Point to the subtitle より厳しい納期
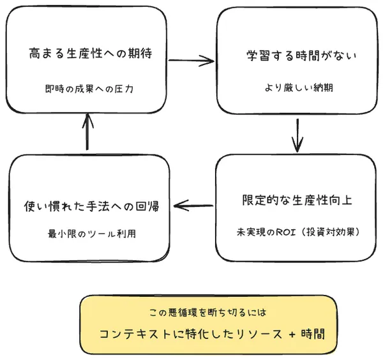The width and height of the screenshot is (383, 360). pyautogui.click(x=296, y=89)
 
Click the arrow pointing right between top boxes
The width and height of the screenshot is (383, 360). pyautogui.click(x=192, y=61)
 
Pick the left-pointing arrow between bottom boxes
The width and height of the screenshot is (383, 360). pyautogui.click(x=193, y=206)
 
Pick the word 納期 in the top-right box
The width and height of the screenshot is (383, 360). pyautogui.click(x=315, y=89)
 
